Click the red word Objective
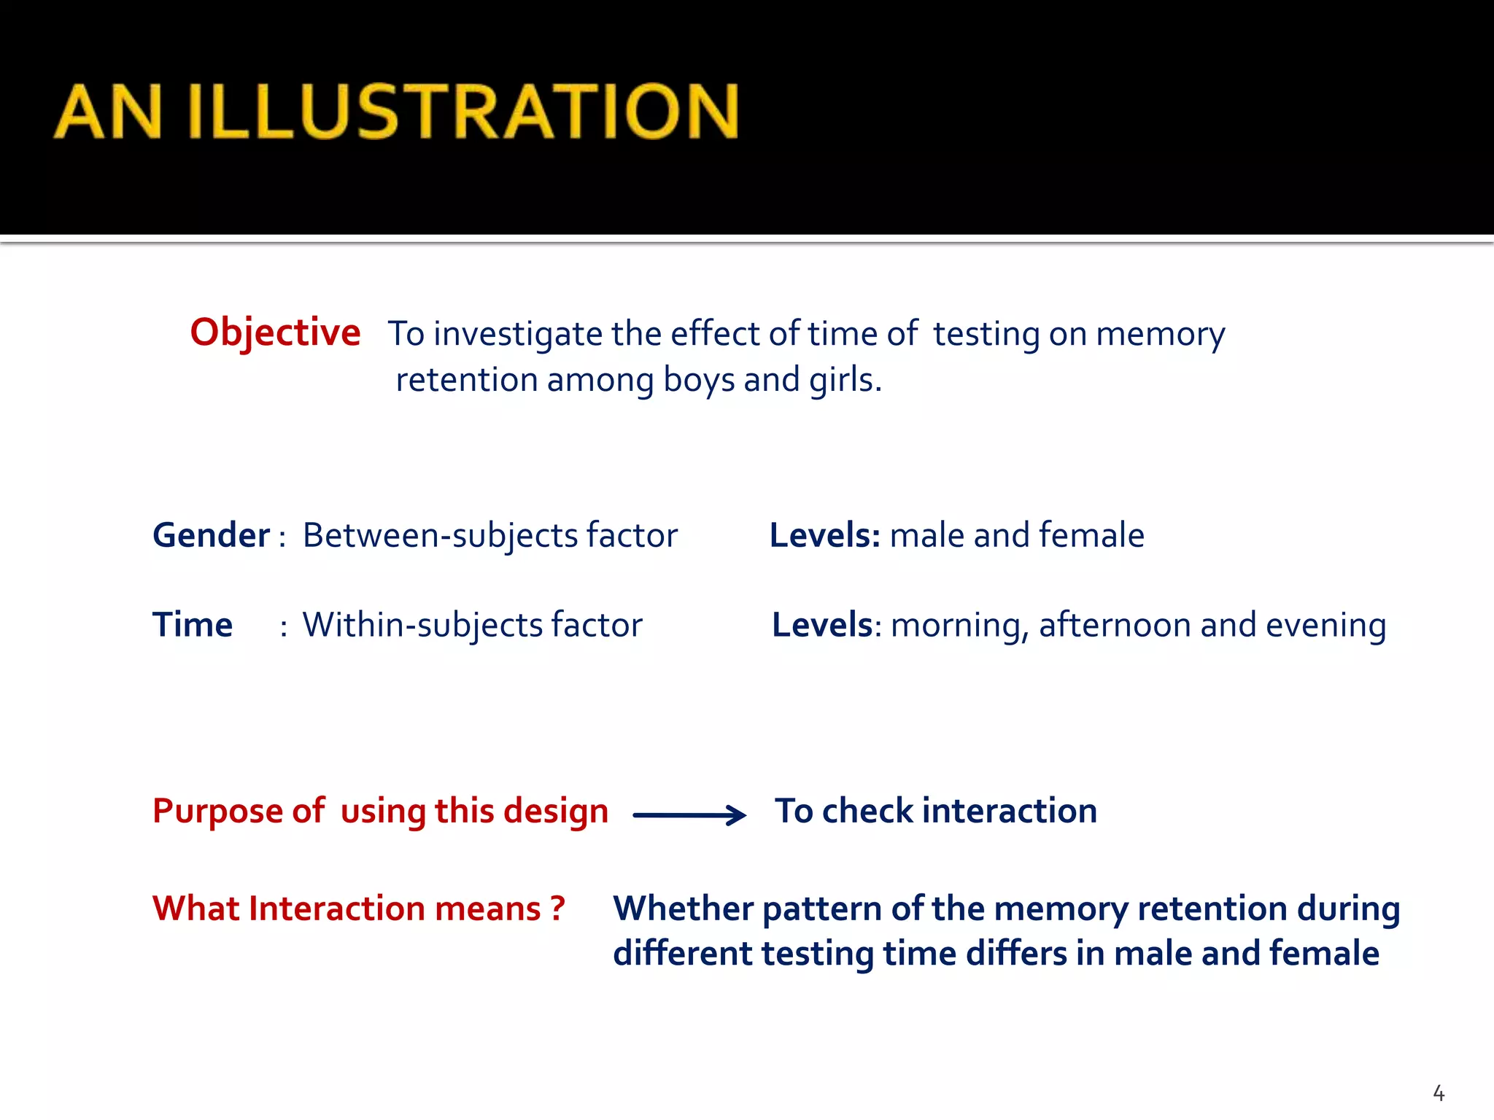click(275, 332)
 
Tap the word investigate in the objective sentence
click(518, 335)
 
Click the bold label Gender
click(211, 535)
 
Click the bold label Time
click(192, 625)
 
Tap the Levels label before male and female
click(824, 535)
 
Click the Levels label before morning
click(822, 625)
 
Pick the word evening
click(1325, 626)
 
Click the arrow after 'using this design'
click(689, 815)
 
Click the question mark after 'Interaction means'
click(558, 908)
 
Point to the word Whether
click(683, 909)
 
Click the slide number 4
click(1439, 1093)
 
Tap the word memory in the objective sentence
click(1160, 335)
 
